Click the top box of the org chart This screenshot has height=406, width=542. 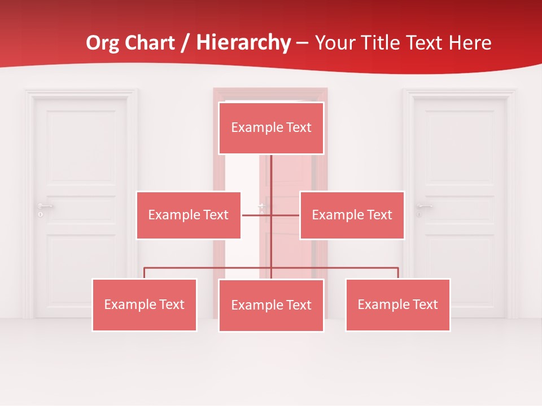(271, 128)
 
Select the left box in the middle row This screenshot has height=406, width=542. (189, 215)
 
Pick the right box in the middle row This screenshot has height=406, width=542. (352, 215)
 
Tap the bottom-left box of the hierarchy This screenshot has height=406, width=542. (145, 305)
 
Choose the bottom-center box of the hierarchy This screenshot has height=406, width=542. (271, 306)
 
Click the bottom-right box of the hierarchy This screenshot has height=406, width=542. (398, 305)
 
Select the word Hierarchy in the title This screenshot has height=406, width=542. (243, 43)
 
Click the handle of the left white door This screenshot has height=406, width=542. (44, 206)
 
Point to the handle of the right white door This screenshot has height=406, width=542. (423, 206)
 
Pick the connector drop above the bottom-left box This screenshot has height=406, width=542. (145, 273)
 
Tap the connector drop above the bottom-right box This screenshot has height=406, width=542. (398, 273)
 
